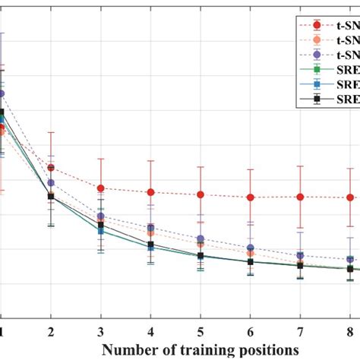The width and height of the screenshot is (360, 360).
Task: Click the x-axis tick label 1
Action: click(3, 332)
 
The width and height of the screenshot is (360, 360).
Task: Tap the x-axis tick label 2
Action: click(51, 332)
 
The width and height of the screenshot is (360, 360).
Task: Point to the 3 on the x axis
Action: click(101, 332)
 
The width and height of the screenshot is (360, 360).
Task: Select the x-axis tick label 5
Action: click(201, 332)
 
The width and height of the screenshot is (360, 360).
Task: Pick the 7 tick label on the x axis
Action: click(300, 332)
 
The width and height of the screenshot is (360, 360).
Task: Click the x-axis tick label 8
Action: click(349, 332)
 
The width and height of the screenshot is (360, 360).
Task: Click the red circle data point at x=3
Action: click(101, 188)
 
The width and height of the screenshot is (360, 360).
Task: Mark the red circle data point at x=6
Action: click(251, 197)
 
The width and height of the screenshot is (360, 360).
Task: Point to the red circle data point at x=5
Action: click(201, 194)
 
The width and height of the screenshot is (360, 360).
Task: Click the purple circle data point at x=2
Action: click(51, 182)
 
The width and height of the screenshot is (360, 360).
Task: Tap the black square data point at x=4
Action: click(150, 245)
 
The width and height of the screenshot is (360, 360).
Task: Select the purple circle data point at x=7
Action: click(300, 255)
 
